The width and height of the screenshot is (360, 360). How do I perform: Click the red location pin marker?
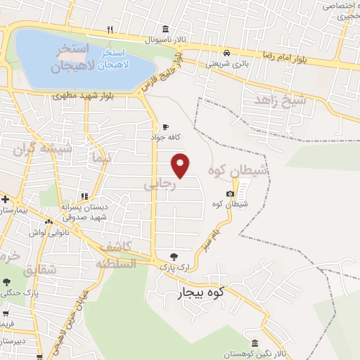coord(181,165)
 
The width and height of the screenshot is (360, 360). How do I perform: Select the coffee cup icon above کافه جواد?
coord(165,127)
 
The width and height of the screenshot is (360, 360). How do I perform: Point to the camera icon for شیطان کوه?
coord(231,194)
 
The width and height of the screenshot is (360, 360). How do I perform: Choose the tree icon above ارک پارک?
coord(174,256)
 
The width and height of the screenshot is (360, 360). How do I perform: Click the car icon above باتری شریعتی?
coord(226,53)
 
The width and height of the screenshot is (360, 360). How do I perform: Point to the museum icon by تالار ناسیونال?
coord(165,29)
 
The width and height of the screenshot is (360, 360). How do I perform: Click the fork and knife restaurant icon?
coord(109,30)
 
